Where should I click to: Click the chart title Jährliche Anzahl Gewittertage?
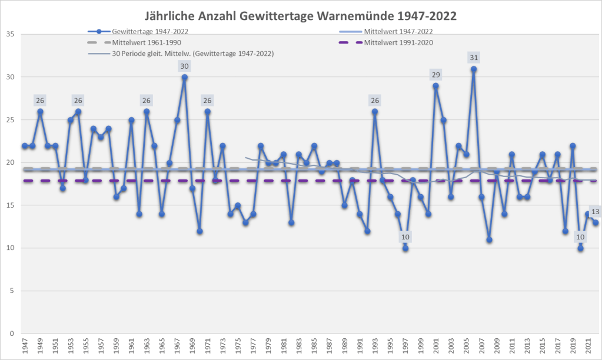(301, 14)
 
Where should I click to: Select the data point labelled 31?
(474, 69)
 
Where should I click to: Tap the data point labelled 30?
(184, 77)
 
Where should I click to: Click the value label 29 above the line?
(435, 74)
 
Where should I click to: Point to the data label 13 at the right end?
(595, 212)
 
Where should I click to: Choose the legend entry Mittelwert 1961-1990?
(146, 42)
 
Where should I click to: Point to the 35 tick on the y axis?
(11, 34)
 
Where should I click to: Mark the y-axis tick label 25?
(11, 120)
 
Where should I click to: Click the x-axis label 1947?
(25, 346)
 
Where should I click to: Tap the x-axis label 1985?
(314, 346)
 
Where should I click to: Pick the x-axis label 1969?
(192, 346)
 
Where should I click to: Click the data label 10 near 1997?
(405, 237)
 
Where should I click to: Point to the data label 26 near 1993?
(374, 100)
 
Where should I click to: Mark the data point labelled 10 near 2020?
(580, 248)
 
